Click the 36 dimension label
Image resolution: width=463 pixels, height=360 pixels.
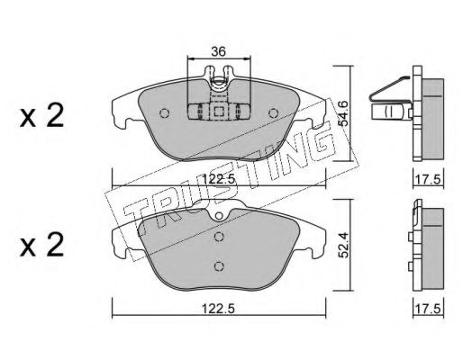pos(218,51)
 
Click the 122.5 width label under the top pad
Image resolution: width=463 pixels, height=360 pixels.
pos(218,179)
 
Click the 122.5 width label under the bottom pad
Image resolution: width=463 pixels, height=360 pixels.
pos(218,309)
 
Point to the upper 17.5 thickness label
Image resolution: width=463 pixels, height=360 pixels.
pos(429,180)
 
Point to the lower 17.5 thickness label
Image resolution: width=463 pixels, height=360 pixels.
pos(429,309)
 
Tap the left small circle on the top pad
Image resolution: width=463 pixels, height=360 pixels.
pos(164,113)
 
